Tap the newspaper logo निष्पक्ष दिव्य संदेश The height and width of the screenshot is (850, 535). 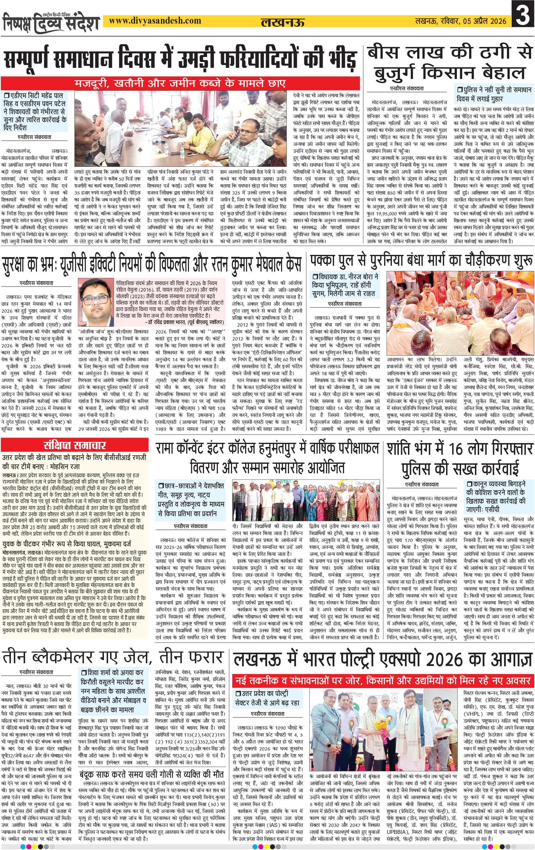(51, 22)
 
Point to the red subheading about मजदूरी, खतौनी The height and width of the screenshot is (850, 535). (180, 83)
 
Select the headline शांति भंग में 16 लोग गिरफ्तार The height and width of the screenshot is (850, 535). (460, 449)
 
